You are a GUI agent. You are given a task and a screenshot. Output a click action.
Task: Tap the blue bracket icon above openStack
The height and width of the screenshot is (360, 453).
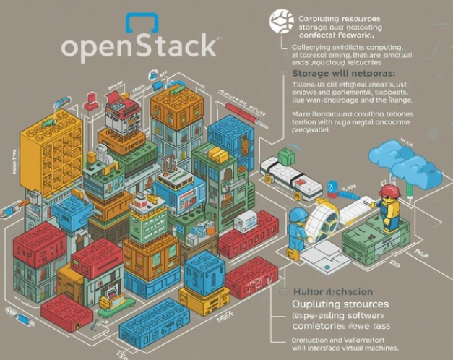click(x=141, y=22)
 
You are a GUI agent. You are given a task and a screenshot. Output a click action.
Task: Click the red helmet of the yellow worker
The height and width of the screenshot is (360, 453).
click(x=390, y=191)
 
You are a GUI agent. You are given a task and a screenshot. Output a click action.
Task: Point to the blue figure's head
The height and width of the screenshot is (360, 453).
click(x=297, y=216)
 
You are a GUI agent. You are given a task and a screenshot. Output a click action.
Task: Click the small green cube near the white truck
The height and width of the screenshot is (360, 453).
click(x=287, y=156)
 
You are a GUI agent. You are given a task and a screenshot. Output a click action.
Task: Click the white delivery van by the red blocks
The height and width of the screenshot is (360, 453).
click(x=246, y=221)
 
